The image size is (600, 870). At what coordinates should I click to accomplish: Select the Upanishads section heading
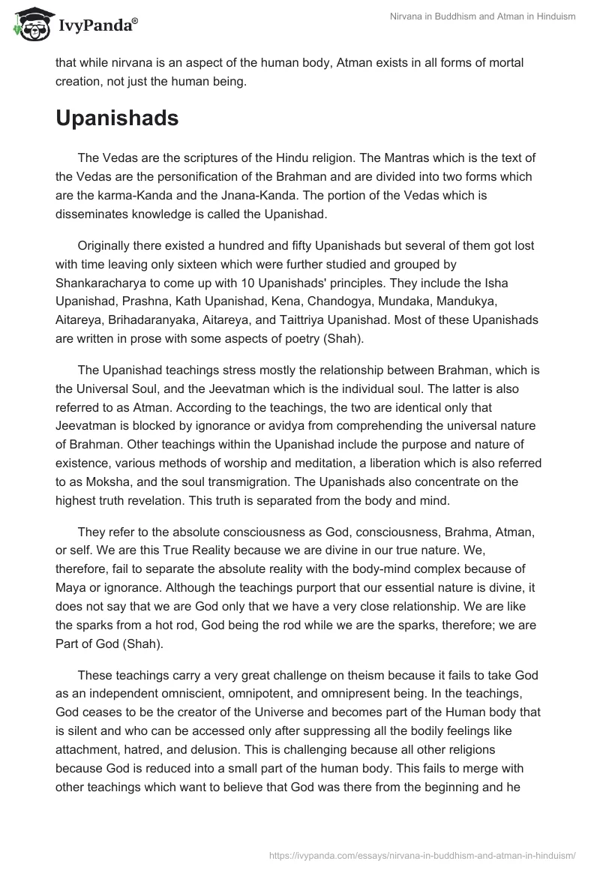point(117,118)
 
